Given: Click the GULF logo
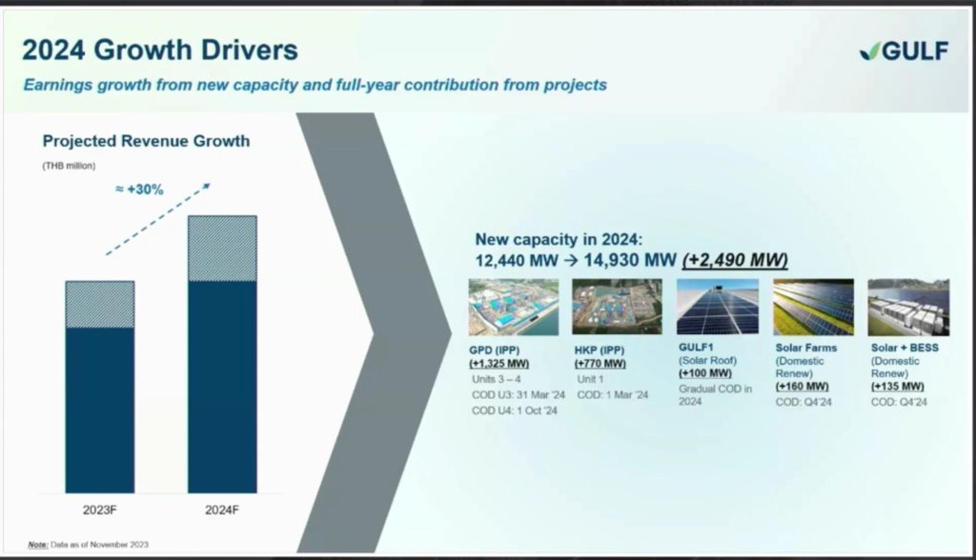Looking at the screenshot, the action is [x=904, y=50].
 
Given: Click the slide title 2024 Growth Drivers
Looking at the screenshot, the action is [x=160, y=50].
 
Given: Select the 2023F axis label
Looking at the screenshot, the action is [x=99, y=510].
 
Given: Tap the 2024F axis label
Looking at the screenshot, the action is [x=222, y=510].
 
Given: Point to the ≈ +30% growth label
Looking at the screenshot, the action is [x=139, y=190].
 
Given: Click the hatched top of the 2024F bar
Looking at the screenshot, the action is [x=222, y=249].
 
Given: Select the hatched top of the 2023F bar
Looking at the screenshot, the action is [x=99, y=304].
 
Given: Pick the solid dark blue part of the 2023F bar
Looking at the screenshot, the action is [x=99, y=410].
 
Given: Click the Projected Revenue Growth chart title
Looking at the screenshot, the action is [x=146, y=141].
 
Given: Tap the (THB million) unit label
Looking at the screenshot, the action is [x=69, y=166].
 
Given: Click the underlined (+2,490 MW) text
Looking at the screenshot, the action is [x=735, y=259].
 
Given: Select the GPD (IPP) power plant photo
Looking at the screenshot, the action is [x=514, y=307].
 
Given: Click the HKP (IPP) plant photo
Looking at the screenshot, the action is [x=617, y=307].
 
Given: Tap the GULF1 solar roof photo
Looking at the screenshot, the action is [x=718, y=307].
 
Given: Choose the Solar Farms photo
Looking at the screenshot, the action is [x=814, y=307].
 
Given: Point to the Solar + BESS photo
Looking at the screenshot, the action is [x=908, y=307].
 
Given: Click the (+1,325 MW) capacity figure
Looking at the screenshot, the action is [x=499, y=364].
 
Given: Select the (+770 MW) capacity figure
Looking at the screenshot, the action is [x=600, y=364].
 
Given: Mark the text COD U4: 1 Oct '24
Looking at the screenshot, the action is [x=515, y=410].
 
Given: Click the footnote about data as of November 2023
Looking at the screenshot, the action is [x=89, y=545].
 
